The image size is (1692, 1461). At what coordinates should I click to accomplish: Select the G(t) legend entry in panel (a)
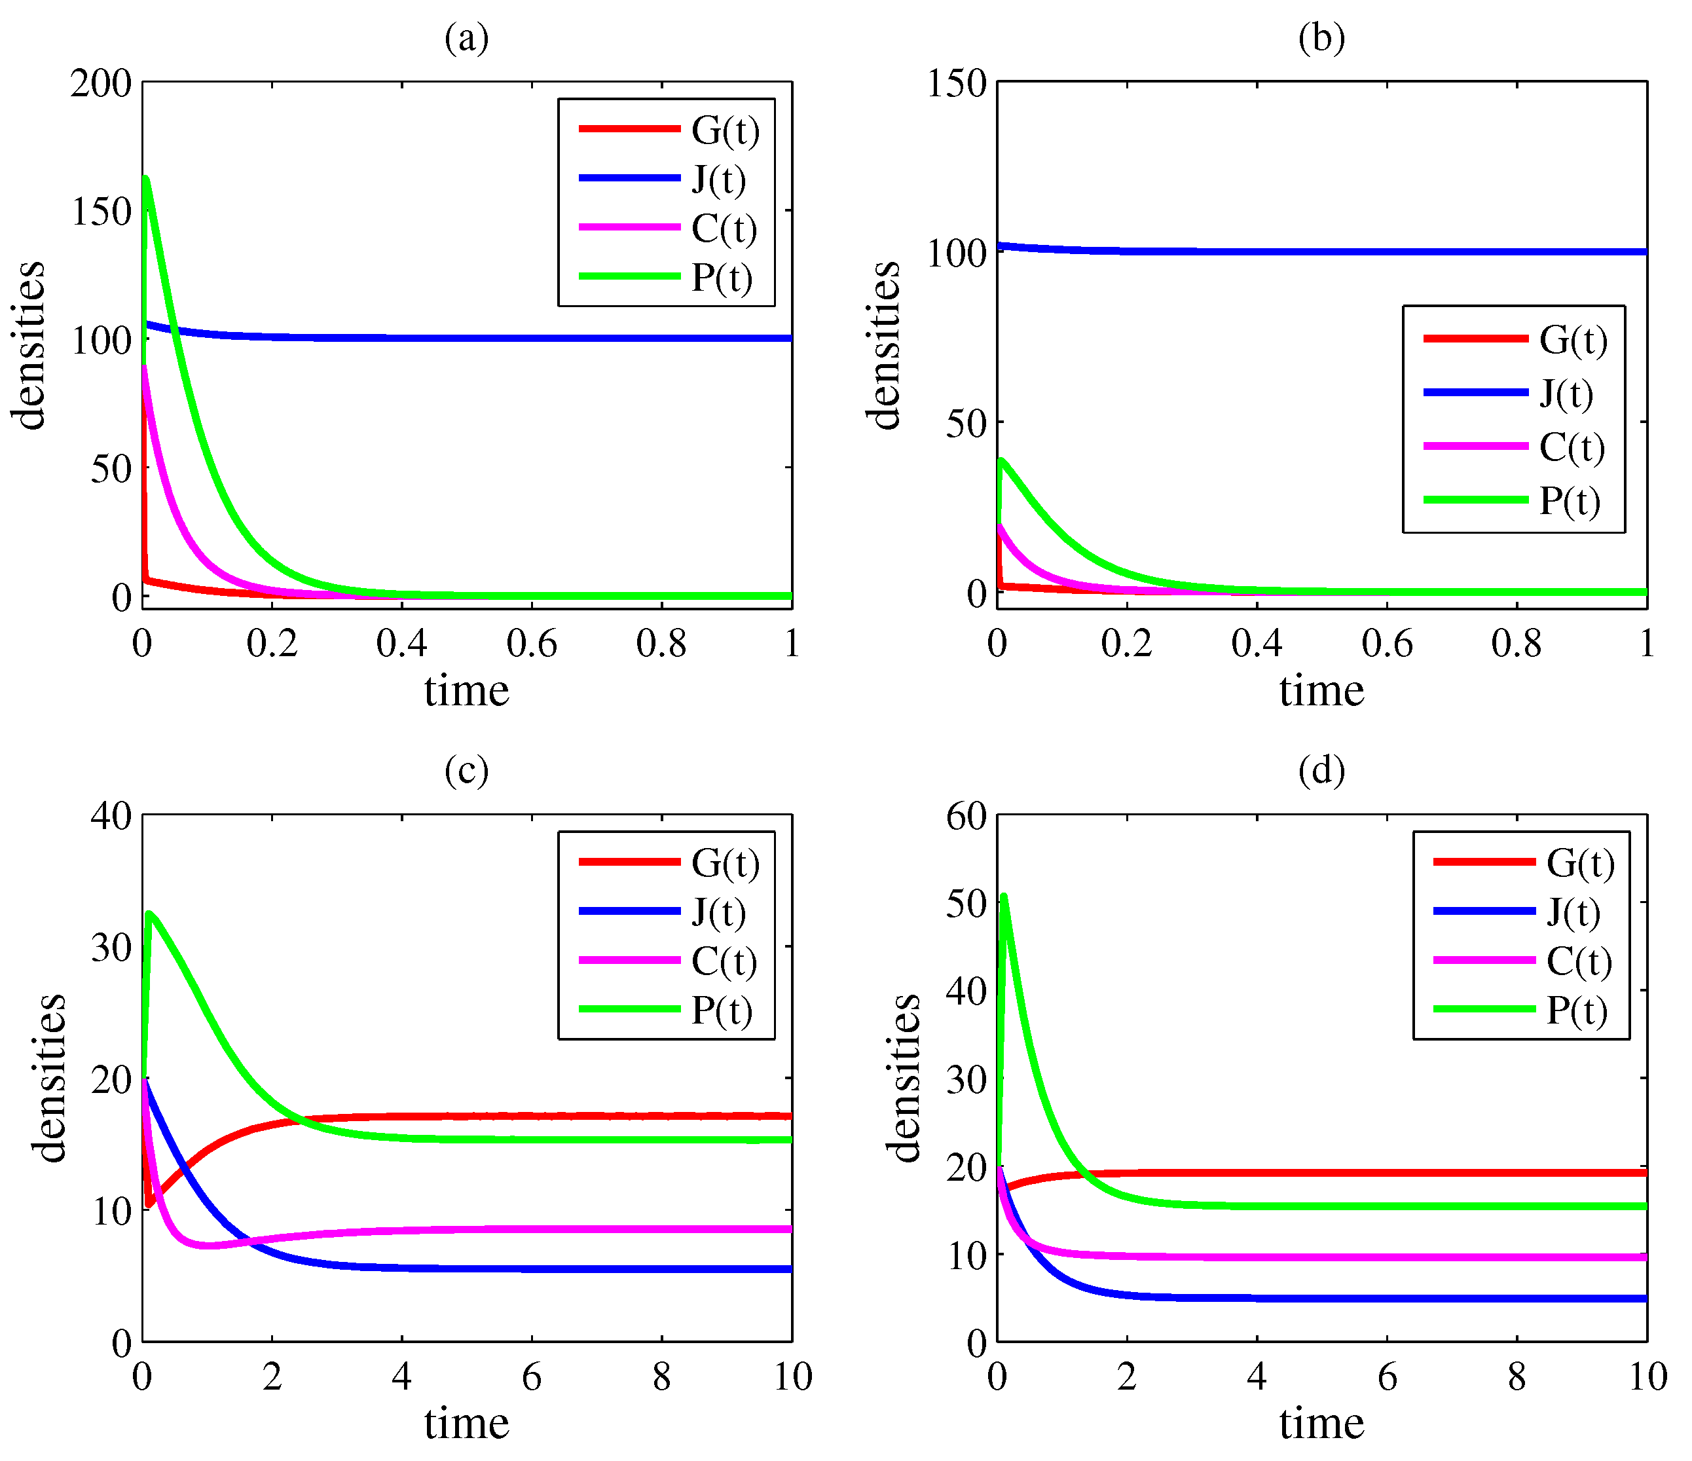tap(724, 130)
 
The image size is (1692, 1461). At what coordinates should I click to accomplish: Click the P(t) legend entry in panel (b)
tap(1569, 500)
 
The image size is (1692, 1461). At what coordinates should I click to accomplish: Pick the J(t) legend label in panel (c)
tap(718, 912)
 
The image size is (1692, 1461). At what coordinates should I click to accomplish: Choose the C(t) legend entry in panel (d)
tap(1579, 961)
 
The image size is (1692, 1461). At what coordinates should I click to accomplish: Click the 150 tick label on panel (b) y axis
tap(956, 83)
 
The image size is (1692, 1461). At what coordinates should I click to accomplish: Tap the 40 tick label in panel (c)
tap(111, 816)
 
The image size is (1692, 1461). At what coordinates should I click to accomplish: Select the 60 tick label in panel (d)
tap(966, 816)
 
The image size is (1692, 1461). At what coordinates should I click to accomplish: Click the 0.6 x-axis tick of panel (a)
tap(532, 644)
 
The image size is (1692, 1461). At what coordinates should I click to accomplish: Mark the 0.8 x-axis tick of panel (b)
tap(1517, 644)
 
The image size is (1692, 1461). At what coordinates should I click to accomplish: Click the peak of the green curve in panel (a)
tap(145, 178)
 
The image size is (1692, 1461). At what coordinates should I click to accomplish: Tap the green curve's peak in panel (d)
tap(1004, 897)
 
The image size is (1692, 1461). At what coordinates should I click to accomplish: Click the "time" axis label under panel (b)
tap(1321, 691)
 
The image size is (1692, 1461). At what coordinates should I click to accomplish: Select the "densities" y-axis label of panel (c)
tap(50, 1077)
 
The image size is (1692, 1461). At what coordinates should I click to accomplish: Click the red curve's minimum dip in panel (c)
tap(149, 1204)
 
